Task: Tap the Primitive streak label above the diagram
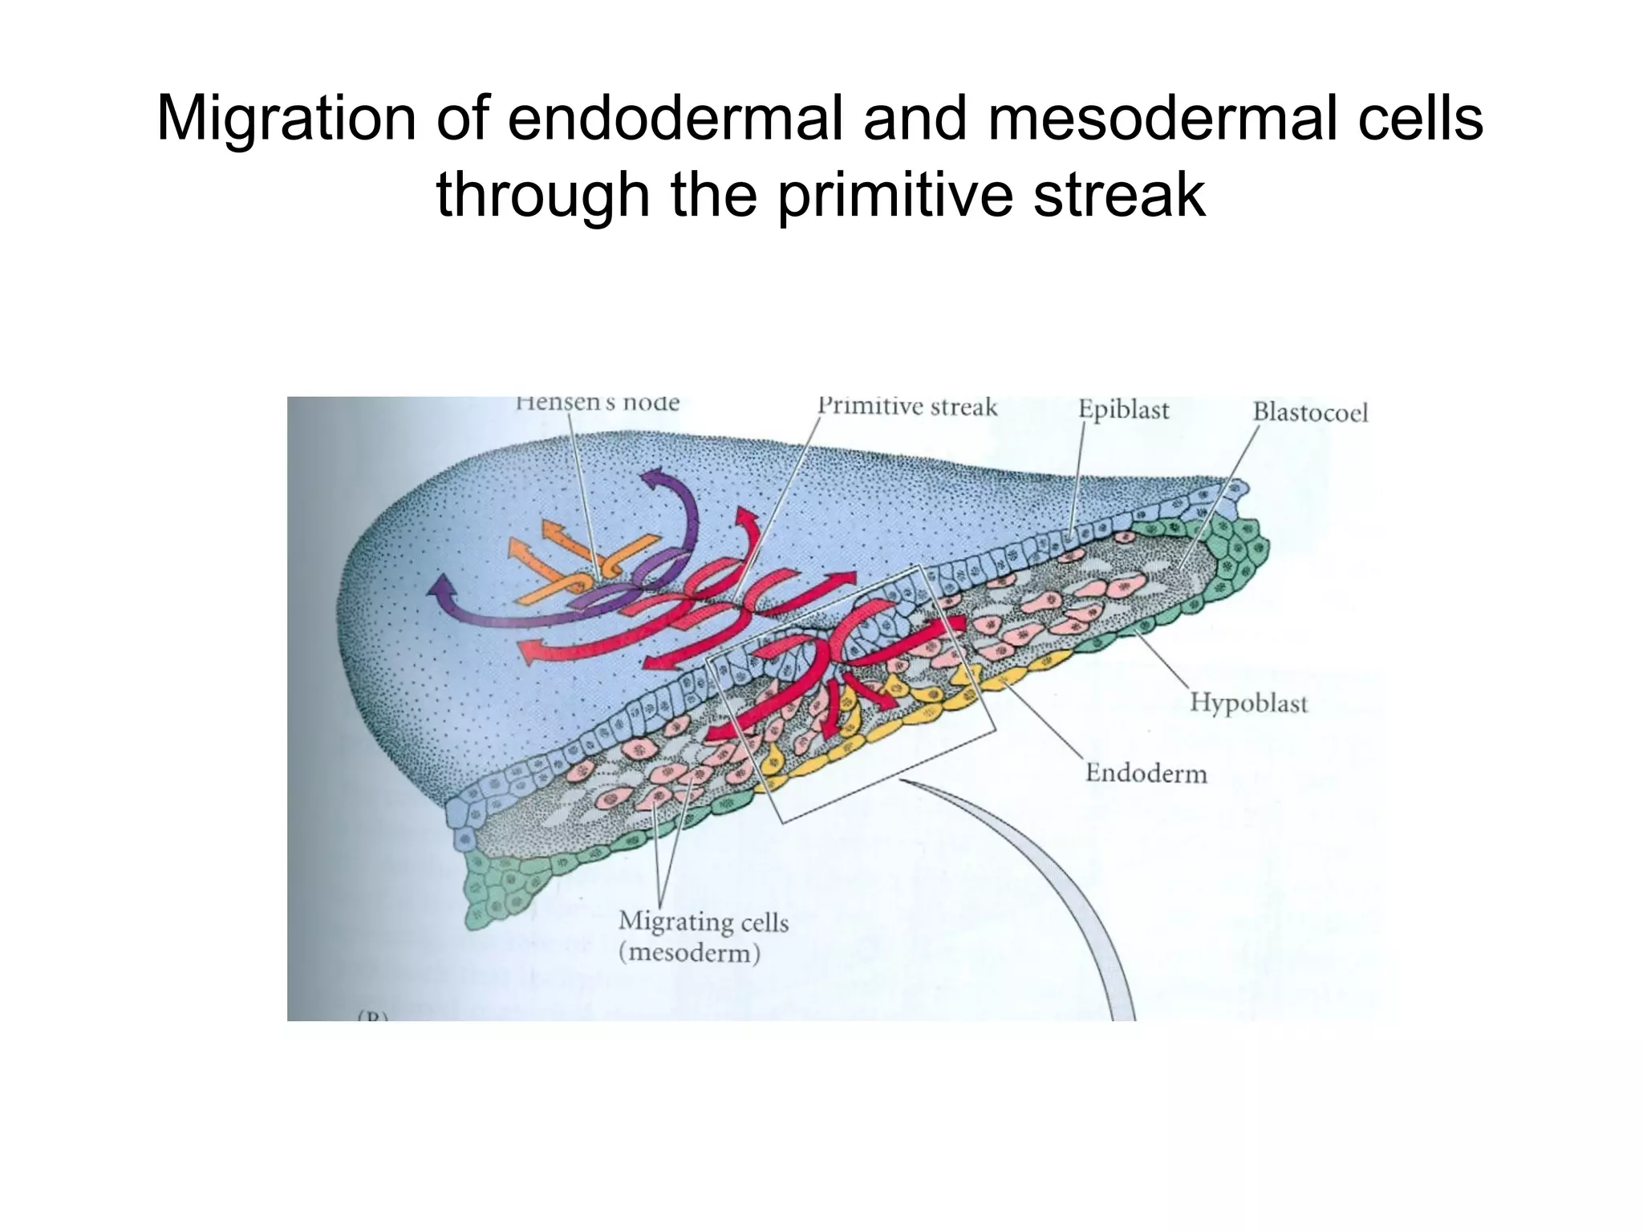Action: tap(907, 407)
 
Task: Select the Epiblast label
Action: tap(1123, 410)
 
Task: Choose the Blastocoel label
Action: tap(1310, 412)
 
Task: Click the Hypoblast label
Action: tap(1248, 703)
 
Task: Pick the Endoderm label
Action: tap(1146, 773)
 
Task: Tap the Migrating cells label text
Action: tap(704, 922)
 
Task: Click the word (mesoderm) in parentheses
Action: tap(689, 954)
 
